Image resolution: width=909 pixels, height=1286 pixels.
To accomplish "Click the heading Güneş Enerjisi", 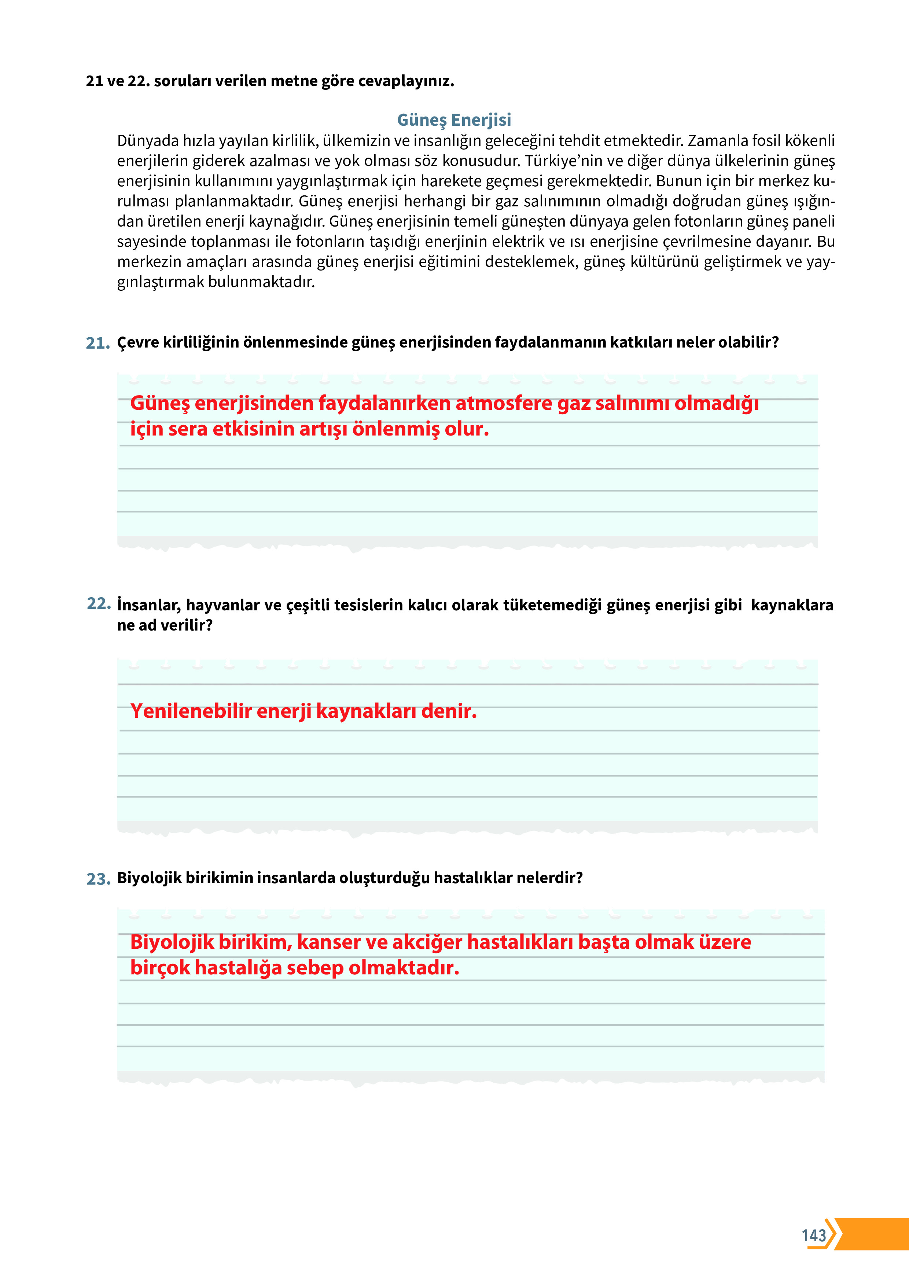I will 454,120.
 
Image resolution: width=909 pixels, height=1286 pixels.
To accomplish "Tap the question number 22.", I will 99,604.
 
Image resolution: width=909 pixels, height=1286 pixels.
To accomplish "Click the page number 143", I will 813,1235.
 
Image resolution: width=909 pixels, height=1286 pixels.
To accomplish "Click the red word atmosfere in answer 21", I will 504,403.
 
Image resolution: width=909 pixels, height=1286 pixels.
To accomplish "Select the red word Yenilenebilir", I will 191,711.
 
